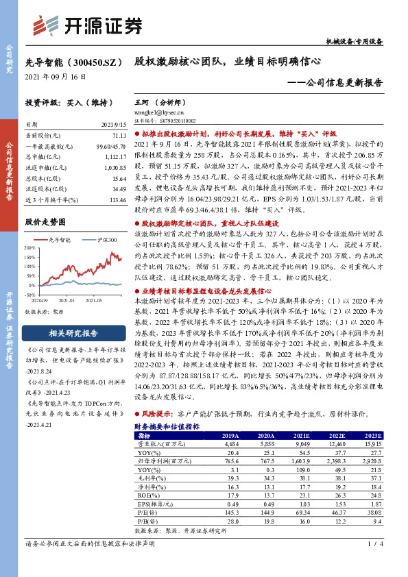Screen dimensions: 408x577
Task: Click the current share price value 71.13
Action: (x=119, y=137)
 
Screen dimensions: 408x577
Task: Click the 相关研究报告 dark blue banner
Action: (x=73, y=334)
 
